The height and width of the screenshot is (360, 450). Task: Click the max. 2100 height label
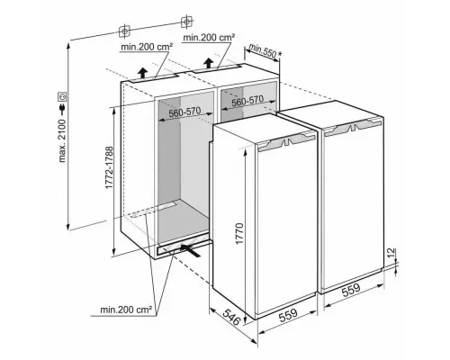[62, 140]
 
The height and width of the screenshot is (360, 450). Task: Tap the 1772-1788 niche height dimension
[110, 167]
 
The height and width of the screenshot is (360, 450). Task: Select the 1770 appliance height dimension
[239, 233]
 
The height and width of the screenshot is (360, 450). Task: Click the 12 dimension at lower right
[392, 254]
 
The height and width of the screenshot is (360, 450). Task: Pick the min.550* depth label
[265, 51]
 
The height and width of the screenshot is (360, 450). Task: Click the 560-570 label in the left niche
[184, 112]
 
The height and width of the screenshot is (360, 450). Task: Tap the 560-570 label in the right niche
[247, 100]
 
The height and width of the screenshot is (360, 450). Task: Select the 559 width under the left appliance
[288, 315]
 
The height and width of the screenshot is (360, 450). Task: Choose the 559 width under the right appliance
[351, 290]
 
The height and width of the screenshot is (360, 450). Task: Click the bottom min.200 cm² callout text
[126, 310]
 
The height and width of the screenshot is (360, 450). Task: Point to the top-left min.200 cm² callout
[147, 47]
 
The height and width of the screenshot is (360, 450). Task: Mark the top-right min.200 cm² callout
[209, 37]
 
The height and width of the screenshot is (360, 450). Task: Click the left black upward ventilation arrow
[143, 73]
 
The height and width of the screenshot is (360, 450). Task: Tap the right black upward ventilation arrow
[208, 63]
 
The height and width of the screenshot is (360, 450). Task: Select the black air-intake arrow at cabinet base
[190, 249]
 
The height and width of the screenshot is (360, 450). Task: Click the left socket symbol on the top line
[124, 31]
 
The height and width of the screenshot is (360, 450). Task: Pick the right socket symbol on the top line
[186, 22]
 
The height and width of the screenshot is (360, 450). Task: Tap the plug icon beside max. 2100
[62, 109]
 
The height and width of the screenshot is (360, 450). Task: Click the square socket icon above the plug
[62, 96]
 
